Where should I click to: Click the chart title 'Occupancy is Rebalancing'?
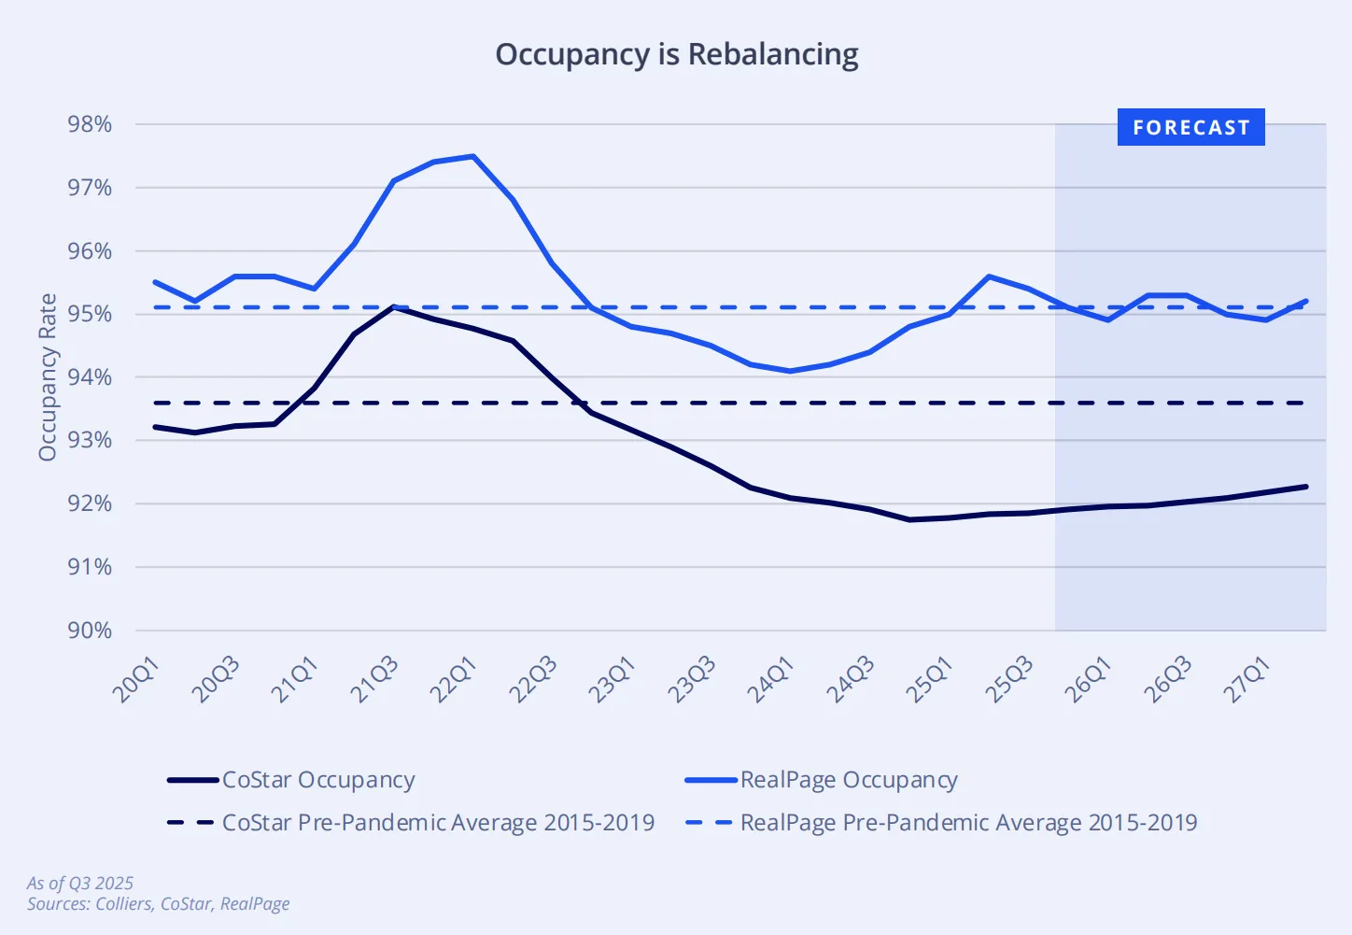click(676, 54)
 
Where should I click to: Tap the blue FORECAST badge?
click(1190, 127)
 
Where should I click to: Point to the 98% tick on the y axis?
click(90, 124)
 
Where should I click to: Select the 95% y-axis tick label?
click(90, 314)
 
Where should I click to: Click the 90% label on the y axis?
click(90, 630)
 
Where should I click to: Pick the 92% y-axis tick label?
click(90, 503)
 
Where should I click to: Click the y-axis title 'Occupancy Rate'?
click(48, 377)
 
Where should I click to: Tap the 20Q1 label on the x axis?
click(136, 679)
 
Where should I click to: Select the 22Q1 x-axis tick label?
click(454, 679)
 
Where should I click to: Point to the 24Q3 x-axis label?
click(850, 679)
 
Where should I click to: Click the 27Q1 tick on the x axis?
click(1246, 679)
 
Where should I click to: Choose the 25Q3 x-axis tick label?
click(1008, 679)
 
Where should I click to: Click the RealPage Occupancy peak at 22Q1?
click(473, 156)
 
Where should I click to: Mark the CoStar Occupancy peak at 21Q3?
click(394, 306)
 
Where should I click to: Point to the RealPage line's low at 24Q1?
click(790, 371)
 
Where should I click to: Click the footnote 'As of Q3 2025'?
click(80, 883)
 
